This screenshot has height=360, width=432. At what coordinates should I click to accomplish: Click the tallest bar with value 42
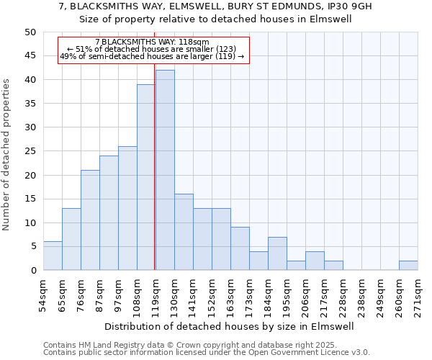tap(165, 170)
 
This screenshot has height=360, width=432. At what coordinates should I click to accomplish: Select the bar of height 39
tap(146, 177)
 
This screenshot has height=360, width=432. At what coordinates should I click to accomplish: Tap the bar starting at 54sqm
tap(53, 256)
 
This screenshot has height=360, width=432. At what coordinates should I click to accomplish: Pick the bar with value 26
tap(127, 208)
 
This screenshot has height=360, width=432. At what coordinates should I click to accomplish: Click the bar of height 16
tap(184, 232)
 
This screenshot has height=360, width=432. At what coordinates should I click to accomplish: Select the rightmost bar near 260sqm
tap(408, 265)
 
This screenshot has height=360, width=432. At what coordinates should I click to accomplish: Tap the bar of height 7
tap(277, 253)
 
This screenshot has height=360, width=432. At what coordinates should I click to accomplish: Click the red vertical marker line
tap(155, 166)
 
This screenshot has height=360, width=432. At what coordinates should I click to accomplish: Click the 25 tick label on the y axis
tap(30, 151)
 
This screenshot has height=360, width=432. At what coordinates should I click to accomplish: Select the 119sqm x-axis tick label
tap(156, 294)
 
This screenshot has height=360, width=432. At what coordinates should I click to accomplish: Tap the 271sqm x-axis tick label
tap(418, 294)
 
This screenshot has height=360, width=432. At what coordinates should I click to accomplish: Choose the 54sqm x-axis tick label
tap(44, 294)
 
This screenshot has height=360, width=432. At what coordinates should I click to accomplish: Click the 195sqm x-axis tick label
tap(287, 294)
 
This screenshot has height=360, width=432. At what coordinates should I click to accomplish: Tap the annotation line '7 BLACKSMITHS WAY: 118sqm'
tap(152, 42)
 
